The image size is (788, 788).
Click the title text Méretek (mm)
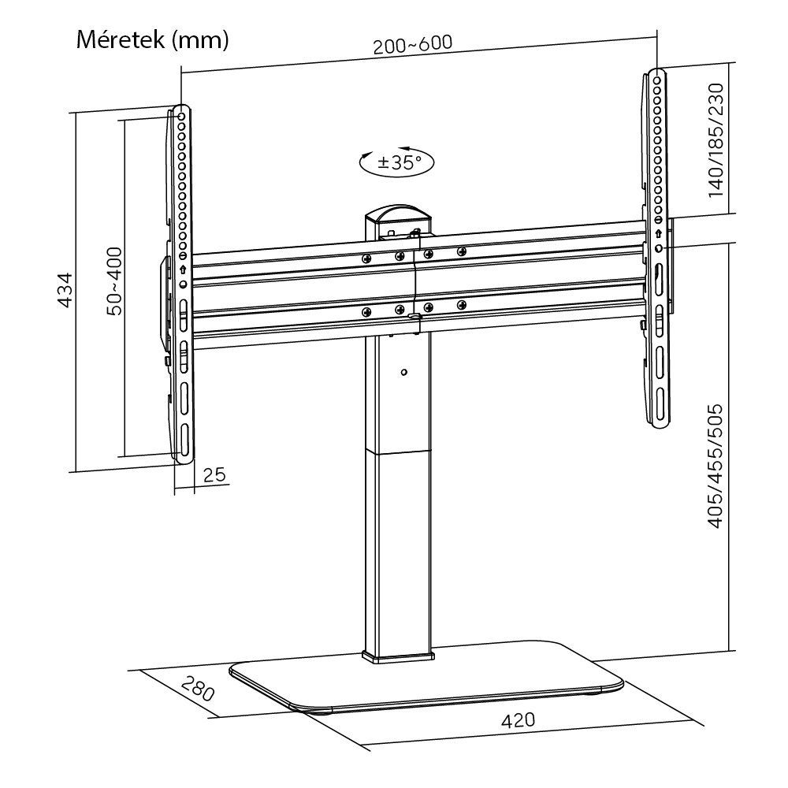152,39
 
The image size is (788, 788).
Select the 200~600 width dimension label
413,44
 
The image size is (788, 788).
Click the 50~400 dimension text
114,281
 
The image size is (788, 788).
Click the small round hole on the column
403,372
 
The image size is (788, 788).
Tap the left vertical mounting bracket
181,284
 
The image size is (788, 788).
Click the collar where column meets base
399,654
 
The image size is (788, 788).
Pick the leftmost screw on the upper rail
366,258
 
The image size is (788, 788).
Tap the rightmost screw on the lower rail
463,305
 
